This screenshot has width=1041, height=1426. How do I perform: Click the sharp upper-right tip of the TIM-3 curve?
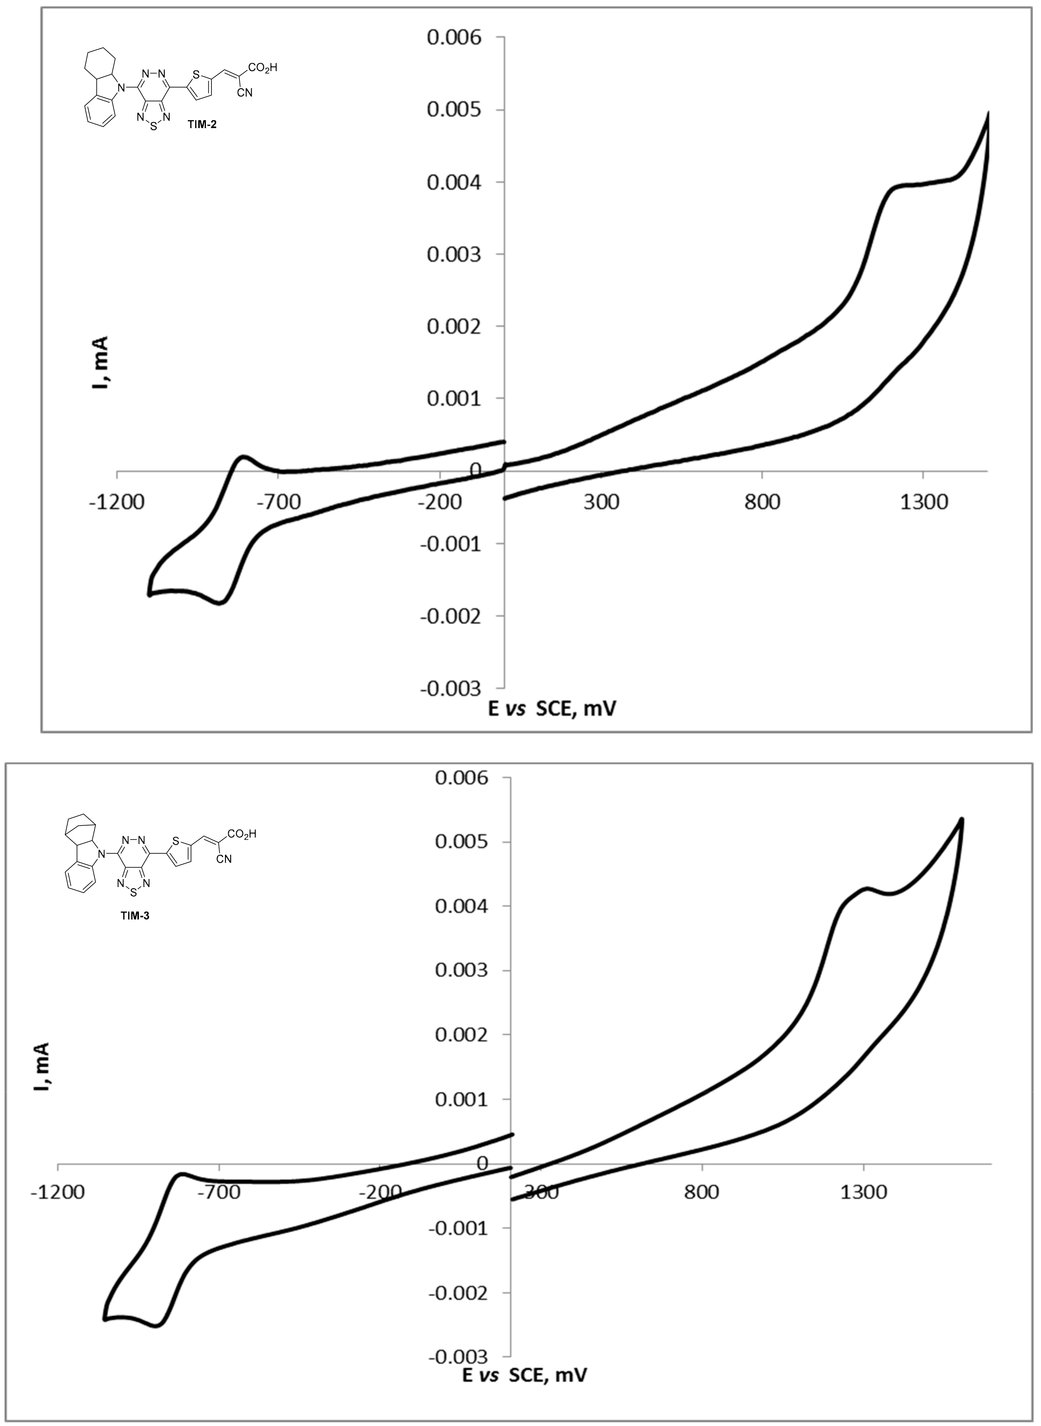click(x=962, y=819)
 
